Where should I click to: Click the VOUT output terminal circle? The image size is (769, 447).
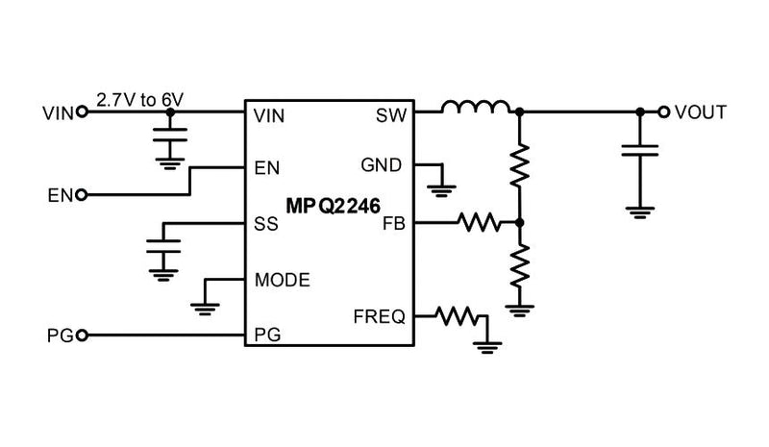coord(662,112)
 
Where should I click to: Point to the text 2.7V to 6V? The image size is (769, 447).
coord(139,98)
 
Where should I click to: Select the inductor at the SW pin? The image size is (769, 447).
coord(477,108)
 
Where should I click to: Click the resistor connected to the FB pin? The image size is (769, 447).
coord(480,224)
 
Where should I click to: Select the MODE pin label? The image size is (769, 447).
coord(282,280)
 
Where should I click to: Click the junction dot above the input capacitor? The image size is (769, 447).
coord(171,112)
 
